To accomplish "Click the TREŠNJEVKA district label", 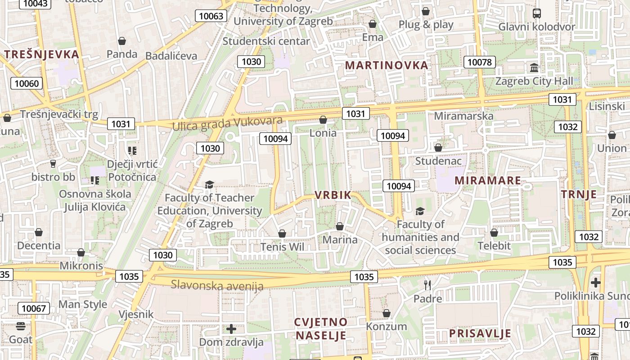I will [41, 54].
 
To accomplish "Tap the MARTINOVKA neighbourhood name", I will [387, 65].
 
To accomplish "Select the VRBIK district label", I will [333, 195].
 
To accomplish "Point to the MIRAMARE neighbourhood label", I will [488, 180].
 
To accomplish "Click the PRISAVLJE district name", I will [480, 333].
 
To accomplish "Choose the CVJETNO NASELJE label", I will [321, 328].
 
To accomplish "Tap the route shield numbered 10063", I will [211, 16].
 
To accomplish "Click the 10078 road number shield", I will [480, 62].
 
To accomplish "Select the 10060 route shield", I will [27, 83].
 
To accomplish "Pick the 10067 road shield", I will [34, 308].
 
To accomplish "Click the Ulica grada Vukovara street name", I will [227, 124].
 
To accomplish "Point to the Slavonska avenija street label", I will [217, 285].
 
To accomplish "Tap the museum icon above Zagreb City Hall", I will [534, 68].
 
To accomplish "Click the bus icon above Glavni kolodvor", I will [536, 13].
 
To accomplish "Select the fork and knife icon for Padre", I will [427, 285].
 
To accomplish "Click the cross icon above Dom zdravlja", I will [231, 329].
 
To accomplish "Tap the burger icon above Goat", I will [21, 326].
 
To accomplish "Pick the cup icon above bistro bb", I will [53, 164].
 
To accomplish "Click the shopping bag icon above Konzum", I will [386, 313].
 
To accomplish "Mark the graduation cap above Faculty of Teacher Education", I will [209, 184].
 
